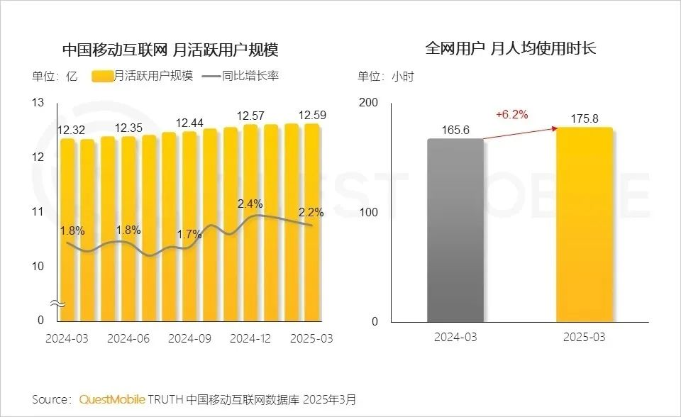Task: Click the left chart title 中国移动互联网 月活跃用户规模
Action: (170, 50)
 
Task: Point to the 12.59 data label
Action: (311, 115)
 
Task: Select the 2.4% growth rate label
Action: (250, 204)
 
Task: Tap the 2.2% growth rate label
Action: (311, 211)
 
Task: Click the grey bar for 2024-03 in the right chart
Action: (455, 230)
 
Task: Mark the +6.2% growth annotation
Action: (511, 114)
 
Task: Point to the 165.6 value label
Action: (455, 130)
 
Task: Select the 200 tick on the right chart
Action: (370, 103)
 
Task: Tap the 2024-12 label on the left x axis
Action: (250, 338)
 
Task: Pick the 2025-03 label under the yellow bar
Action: (585, 338)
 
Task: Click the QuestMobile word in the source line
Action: (111, 399)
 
